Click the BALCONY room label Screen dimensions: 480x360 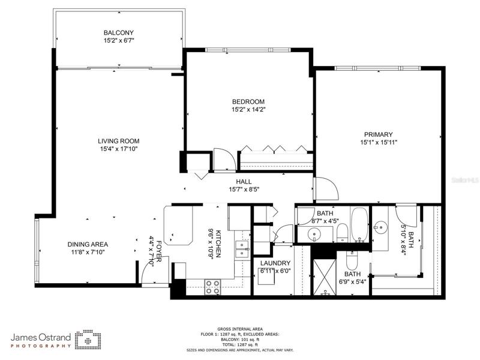118,33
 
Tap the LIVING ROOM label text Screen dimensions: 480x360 118,141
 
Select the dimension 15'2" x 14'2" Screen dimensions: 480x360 248,109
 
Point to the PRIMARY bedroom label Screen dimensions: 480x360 379,134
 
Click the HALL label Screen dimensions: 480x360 244,182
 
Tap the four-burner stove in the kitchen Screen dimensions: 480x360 212,287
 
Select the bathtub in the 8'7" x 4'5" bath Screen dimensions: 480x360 359,224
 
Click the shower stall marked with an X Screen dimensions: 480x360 325,277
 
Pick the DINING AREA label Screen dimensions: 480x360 88,244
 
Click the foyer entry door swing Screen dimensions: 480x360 155,270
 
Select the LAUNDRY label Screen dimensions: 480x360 275,263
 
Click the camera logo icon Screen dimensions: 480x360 88,340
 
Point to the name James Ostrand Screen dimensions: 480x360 41,338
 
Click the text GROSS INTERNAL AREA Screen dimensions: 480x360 240,329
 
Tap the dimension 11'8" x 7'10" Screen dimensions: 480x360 88,252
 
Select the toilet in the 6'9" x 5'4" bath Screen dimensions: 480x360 350,260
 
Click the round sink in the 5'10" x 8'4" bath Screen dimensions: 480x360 380,227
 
